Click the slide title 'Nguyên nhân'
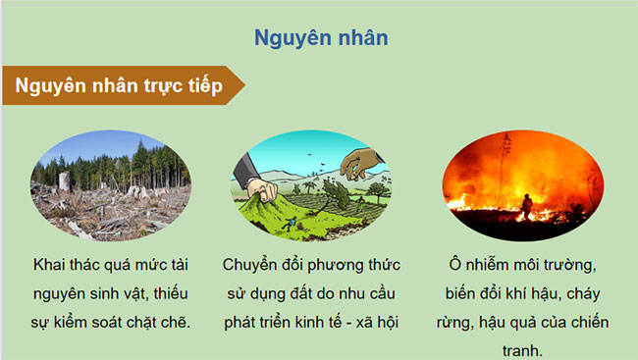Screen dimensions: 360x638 pyautogui.click(x=320, y=38)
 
